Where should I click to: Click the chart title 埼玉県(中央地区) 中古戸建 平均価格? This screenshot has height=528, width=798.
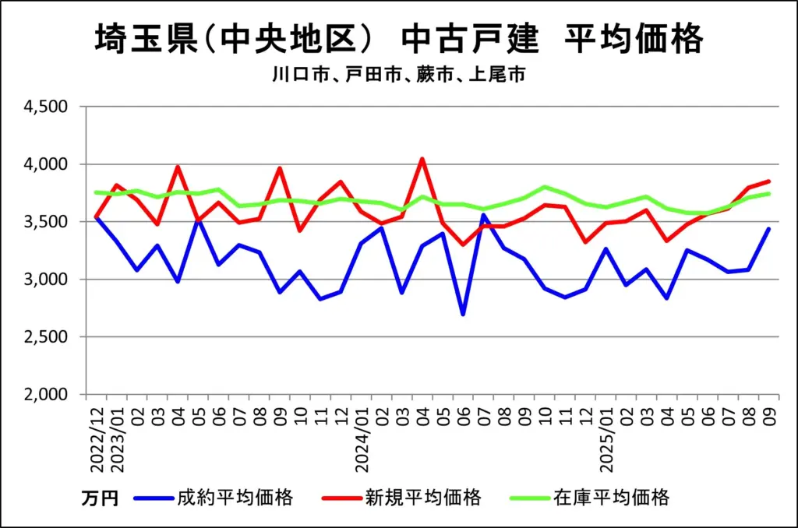click(398, 39)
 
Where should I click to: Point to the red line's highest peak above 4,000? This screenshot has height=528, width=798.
click(422, 159)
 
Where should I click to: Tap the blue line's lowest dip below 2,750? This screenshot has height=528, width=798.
click(463, 315)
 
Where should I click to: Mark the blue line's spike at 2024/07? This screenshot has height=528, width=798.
click(483, 215)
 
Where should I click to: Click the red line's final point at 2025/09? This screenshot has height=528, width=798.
click(769, 181)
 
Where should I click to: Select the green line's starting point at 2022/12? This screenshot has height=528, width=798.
click(96, 192)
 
